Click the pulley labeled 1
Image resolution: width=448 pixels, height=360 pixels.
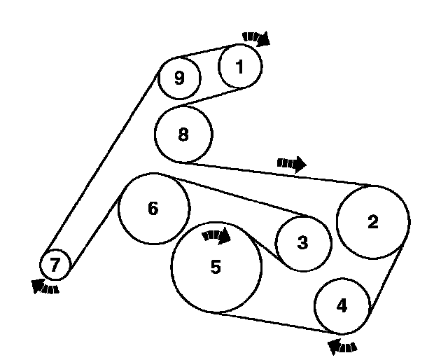pos(240,67)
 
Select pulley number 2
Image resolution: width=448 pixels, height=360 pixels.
pos(373,221)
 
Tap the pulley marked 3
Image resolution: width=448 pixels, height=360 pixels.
pos(302,243)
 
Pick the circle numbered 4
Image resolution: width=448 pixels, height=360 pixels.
pos(341,305)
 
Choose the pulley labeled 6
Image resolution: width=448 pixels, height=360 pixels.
pos(153,209)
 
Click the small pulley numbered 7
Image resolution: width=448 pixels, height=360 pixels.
pos(55,265)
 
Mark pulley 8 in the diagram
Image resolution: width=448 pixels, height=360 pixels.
pos(183,134)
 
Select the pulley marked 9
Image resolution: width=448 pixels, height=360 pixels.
pos(179,78)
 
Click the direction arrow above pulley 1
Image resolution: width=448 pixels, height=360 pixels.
pos(257,38)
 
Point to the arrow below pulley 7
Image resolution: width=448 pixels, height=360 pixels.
pos(45,286)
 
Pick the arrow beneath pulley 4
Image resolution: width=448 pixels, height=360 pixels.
pos(342,345)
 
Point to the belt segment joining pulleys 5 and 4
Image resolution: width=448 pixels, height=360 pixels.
pos(273,321)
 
